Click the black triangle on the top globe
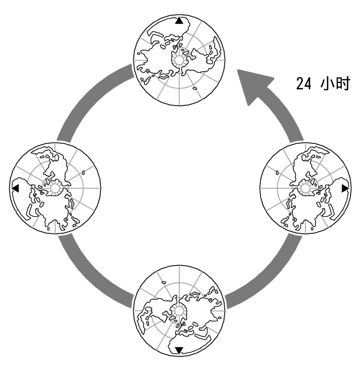pos(179,20)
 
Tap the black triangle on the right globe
pos(345,188)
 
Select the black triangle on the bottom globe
pos(179,350)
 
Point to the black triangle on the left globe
pos(15,188)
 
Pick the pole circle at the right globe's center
pos(305,188)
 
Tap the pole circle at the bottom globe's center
pos(179,310)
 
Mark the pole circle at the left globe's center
pos(55,188)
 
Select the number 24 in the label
pos(303,84)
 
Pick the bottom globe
pos(179,310)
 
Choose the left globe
pos(55,188)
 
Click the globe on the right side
pos(305,188)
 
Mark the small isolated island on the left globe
pos(85,172)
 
